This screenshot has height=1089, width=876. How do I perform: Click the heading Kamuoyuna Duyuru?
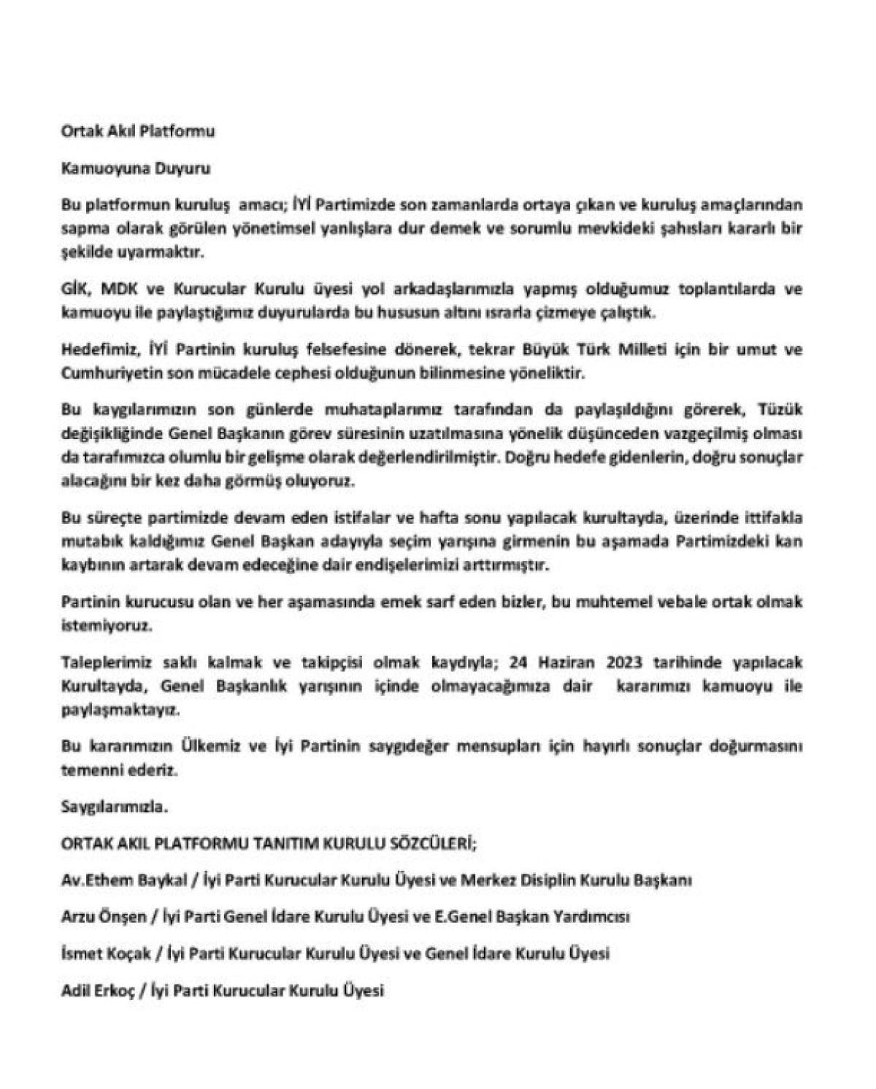pyautogui.click(x=136, y=168)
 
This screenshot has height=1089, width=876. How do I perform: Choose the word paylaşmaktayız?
pyautogui.click(x=119, y=710)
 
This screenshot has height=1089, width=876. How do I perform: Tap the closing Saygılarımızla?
pyautogui.click(x=115, y=807)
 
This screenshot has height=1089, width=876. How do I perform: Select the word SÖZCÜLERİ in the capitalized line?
pyautogui.click(x=426, y=844)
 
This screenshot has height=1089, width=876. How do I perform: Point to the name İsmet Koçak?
pyautogui.click(x=107, y=953)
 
